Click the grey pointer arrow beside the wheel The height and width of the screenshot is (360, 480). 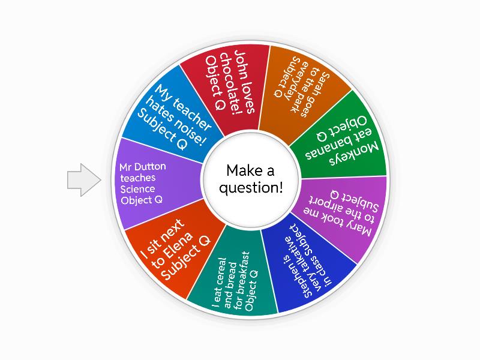point(84,179)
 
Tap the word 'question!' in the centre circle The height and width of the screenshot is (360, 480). point(251,188)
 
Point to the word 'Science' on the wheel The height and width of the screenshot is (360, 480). point(137,189)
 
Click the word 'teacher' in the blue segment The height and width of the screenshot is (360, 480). point(192,112)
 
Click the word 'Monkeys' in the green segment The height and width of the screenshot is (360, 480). point(355,153)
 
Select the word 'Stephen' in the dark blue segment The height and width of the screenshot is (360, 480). point(299,281)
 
